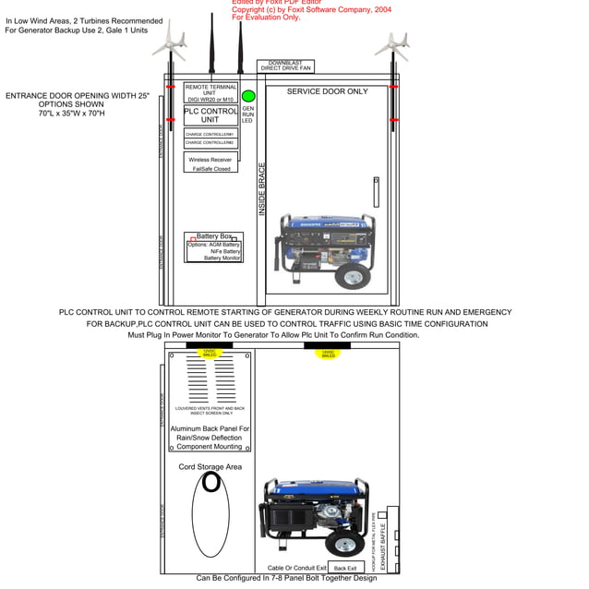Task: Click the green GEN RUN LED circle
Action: [248, 96]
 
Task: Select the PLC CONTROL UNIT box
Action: [210, 115]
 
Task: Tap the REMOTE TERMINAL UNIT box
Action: [210, 92]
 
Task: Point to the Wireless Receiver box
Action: [210, 163]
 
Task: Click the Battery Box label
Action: [214, 236]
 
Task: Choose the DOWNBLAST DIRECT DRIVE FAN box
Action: [286, 66]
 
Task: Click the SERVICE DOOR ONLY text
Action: [327, 91]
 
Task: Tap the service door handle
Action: [376, 193]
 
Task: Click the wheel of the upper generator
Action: [352, 276]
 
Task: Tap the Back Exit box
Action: [344, 568]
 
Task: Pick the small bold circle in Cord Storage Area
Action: [211, 481]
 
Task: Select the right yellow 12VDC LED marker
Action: [329, 354]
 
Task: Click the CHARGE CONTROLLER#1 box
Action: [210, 134]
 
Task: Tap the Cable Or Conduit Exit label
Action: [297, 568]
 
